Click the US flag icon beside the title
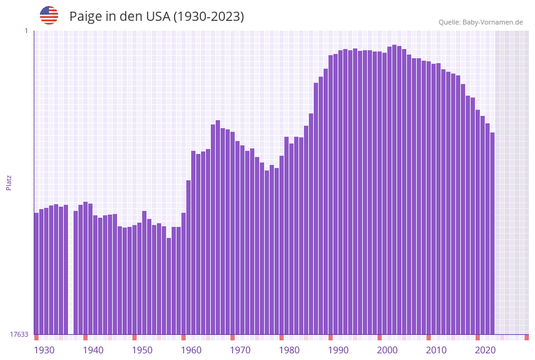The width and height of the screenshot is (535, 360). coord(49,15)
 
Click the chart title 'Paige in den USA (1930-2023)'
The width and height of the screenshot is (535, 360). coord(156,17)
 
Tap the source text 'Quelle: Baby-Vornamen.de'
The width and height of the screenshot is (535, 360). coord(480,22)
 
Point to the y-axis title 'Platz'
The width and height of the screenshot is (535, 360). coord(9,183)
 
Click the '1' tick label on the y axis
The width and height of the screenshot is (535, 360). coord(26,31)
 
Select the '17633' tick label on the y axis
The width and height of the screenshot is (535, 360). coord(19,334)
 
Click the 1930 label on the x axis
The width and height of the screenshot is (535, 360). coord(44,350)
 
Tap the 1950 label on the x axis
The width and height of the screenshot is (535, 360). coord(142,350)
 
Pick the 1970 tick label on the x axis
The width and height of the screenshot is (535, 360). coord(240,350)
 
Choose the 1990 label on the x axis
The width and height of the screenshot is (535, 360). coord(338,350)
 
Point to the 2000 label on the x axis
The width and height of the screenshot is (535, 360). coord(387,350)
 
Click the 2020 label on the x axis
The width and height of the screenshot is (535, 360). coord(485,350)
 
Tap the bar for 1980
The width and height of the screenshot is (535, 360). coord(282,245)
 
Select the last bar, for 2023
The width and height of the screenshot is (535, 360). coord(492,233)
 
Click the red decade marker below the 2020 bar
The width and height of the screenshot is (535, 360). coord(478,337)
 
